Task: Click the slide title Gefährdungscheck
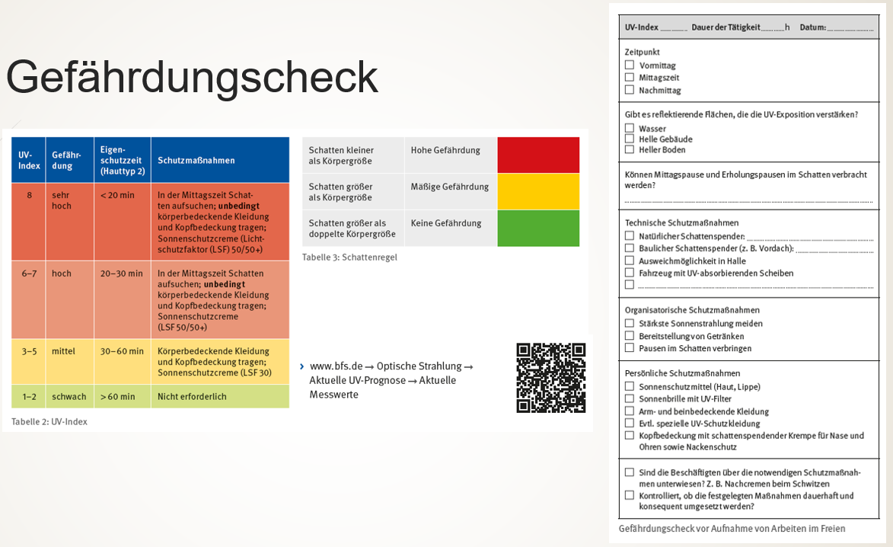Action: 192,77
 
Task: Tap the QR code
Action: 551,378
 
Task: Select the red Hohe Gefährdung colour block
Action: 538,155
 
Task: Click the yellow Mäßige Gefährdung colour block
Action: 538,191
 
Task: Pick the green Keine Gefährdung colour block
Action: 538,228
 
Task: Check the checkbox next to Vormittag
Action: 630,66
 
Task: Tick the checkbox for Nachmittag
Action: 630,90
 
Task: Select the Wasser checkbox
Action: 630,128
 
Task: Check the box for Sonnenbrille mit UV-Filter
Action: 630,398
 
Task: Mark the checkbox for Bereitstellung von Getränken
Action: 630,335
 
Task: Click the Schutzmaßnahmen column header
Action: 196,161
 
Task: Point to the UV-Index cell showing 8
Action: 29,195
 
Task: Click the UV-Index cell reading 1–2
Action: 29,396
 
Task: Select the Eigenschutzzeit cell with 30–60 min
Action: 122,351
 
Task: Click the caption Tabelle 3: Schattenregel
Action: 349,258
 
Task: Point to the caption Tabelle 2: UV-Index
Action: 49,421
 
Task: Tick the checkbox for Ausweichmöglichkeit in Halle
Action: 630,261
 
